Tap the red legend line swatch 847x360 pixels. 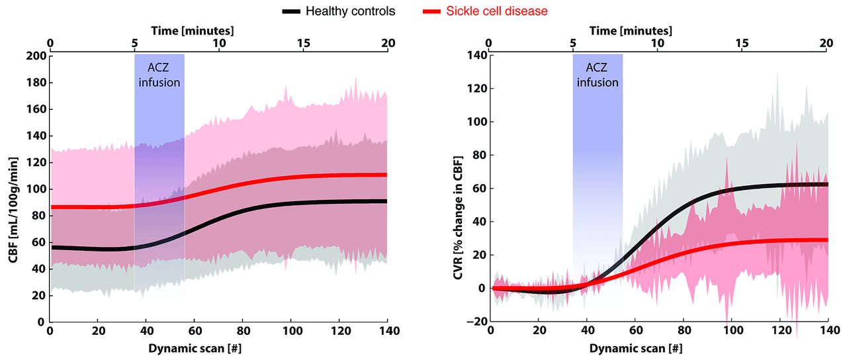pyautogui.click(x=431, y=11)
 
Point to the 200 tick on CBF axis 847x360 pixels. pyautogui.click(x=36, y=56)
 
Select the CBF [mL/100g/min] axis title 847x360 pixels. pyautogui.click(x=13, y=189)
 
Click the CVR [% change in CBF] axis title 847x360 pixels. pyautogui.click(x=458, y=188)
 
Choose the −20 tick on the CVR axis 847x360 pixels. pyautogui.click(x=476, y=322)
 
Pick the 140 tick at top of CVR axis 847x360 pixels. pyautogui.click(x=476, y=56)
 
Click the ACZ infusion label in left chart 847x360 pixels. pyautogui.click(x=159, y=76)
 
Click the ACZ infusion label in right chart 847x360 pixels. pyautogui.click(x=598, y=75)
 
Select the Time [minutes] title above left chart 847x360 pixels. pyautogui.click(x=192, y=30)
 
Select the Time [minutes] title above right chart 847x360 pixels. pyautogui.click(x=631, y=30)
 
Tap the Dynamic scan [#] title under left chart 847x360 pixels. pyautogui.click(x=218, y=347)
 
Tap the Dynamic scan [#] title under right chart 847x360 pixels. pyautogui.click(x=658, y=347)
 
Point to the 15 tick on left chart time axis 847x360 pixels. pyautogui.click(x=304, y=43)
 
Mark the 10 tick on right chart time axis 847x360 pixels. pyautogui.click(x=658, y=43)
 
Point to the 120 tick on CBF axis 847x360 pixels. pyautogui.click(x=36, y=162)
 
